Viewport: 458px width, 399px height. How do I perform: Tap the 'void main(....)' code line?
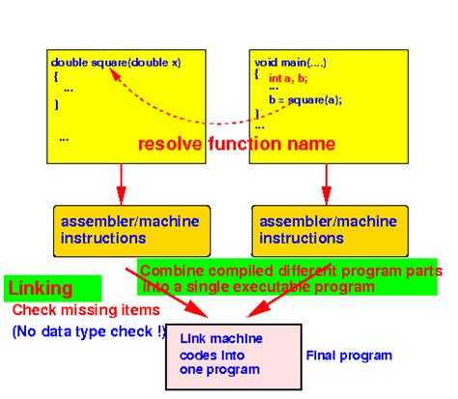click(291, 62)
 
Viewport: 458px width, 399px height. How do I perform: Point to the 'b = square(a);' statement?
click(305, 99)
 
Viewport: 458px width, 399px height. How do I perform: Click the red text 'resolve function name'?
click(237, 144)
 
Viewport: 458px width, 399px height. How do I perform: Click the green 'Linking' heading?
click(40, 289)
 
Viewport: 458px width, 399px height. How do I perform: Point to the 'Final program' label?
click(349, 356)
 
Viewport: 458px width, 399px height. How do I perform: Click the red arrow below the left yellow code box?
click(120, 181)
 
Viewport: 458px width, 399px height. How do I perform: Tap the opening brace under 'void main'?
click(257, 73)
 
